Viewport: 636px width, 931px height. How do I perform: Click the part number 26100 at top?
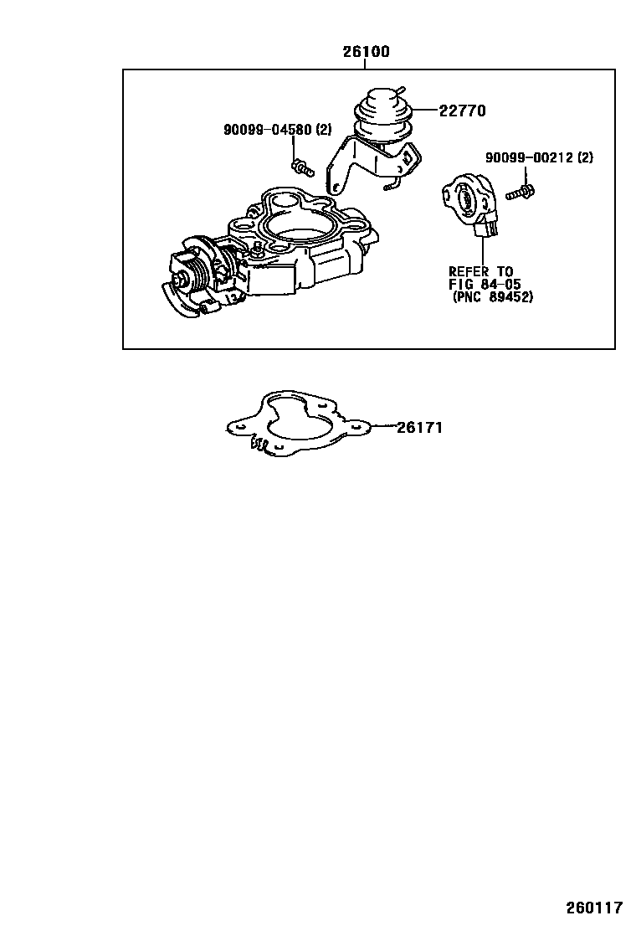pos(366,52)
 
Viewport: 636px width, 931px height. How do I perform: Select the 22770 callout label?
pos(463,111)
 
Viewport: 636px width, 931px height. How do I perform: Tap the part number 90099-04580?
pos(267,130)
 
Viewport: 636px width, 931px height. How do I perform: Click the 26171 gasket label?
pos(419,428)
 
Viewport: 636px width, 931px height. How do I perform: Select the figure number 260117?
pos(595,908)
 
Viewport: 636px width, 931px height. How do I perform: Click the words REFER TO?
pos(480,271)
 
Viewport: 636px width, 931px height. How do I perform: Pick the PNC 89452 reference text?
pos(492,296)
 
